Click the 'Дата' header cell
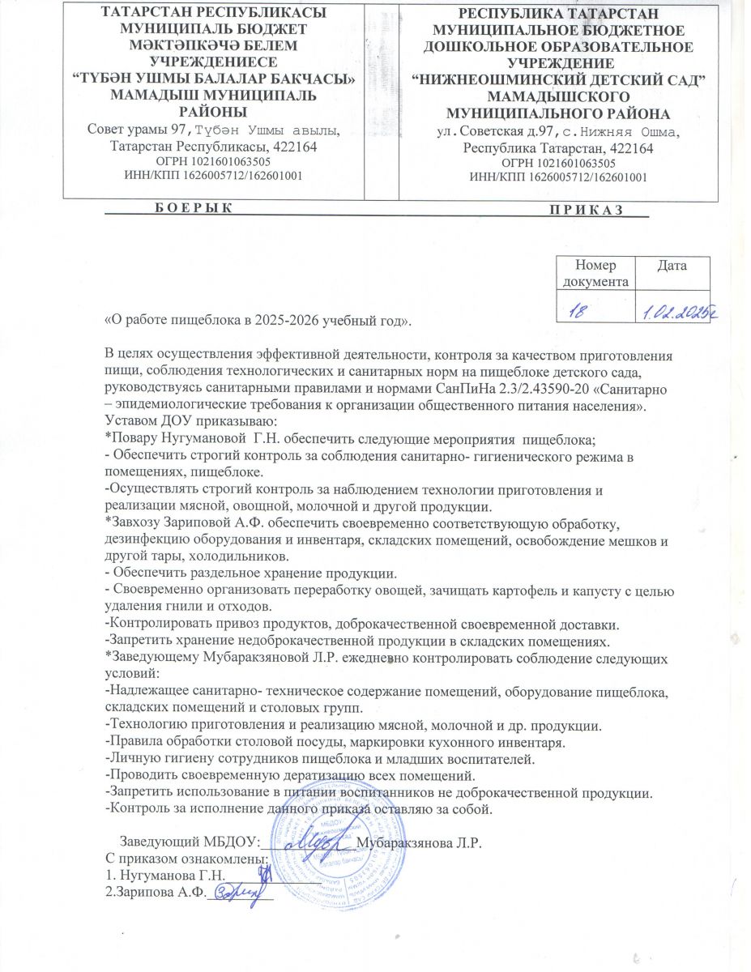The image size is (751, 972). click(x=672, y=266)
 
